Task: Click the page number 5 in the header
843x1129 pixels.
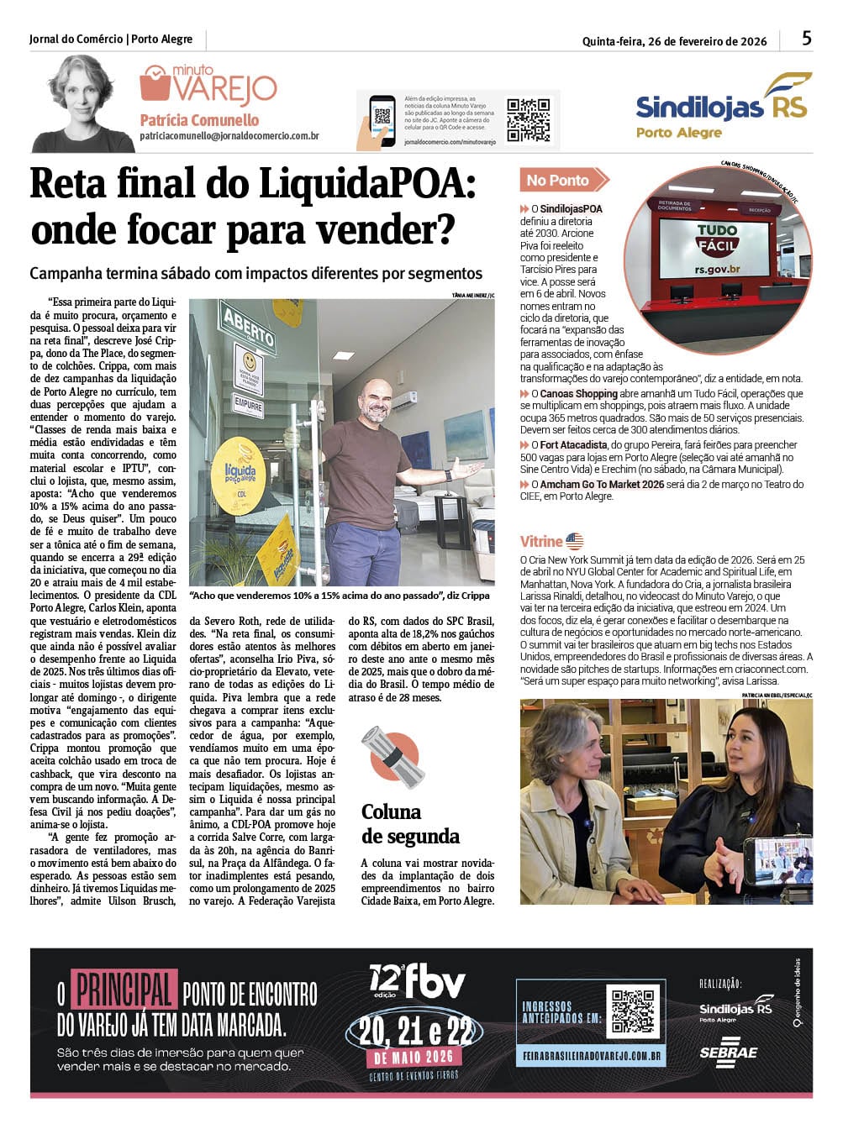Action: pos(806,38)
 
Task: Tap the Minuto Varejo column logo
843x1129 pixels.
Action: pos(208,84)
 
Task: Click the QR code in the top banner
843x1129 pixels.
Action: pos(528,119)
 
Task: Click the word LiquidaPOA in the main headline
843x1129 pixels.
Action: pos(366,184)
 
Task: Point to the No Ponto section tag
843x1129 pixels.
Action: pos(561,180)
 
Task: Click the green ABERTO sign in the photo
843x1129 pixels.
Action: pos(248,329)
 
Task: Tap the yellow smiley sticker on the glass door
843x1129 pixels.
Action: pos(248,367)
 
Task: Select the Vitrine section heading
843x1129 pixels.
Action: pos(540,542)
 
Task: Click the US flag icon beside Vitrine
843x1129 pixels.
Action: pos(575,542)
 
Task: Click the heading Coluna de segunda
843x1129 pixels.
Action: pos(410,823)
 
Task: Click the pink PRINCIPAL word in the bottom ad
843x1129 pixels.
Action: pos(124,989)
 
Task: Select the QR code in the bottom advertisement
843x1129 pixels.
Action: pos(633,1011)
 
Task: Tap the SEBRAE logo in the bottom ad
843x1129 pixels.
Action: pos(728,1053)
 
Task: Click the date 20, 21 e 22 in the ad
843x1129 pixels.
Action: pos(414,1031)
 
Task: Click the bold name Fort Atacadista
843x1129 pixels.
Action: pos(573,445)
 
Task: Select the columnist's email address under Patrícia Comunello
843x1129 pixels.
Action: pos(229,136)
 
